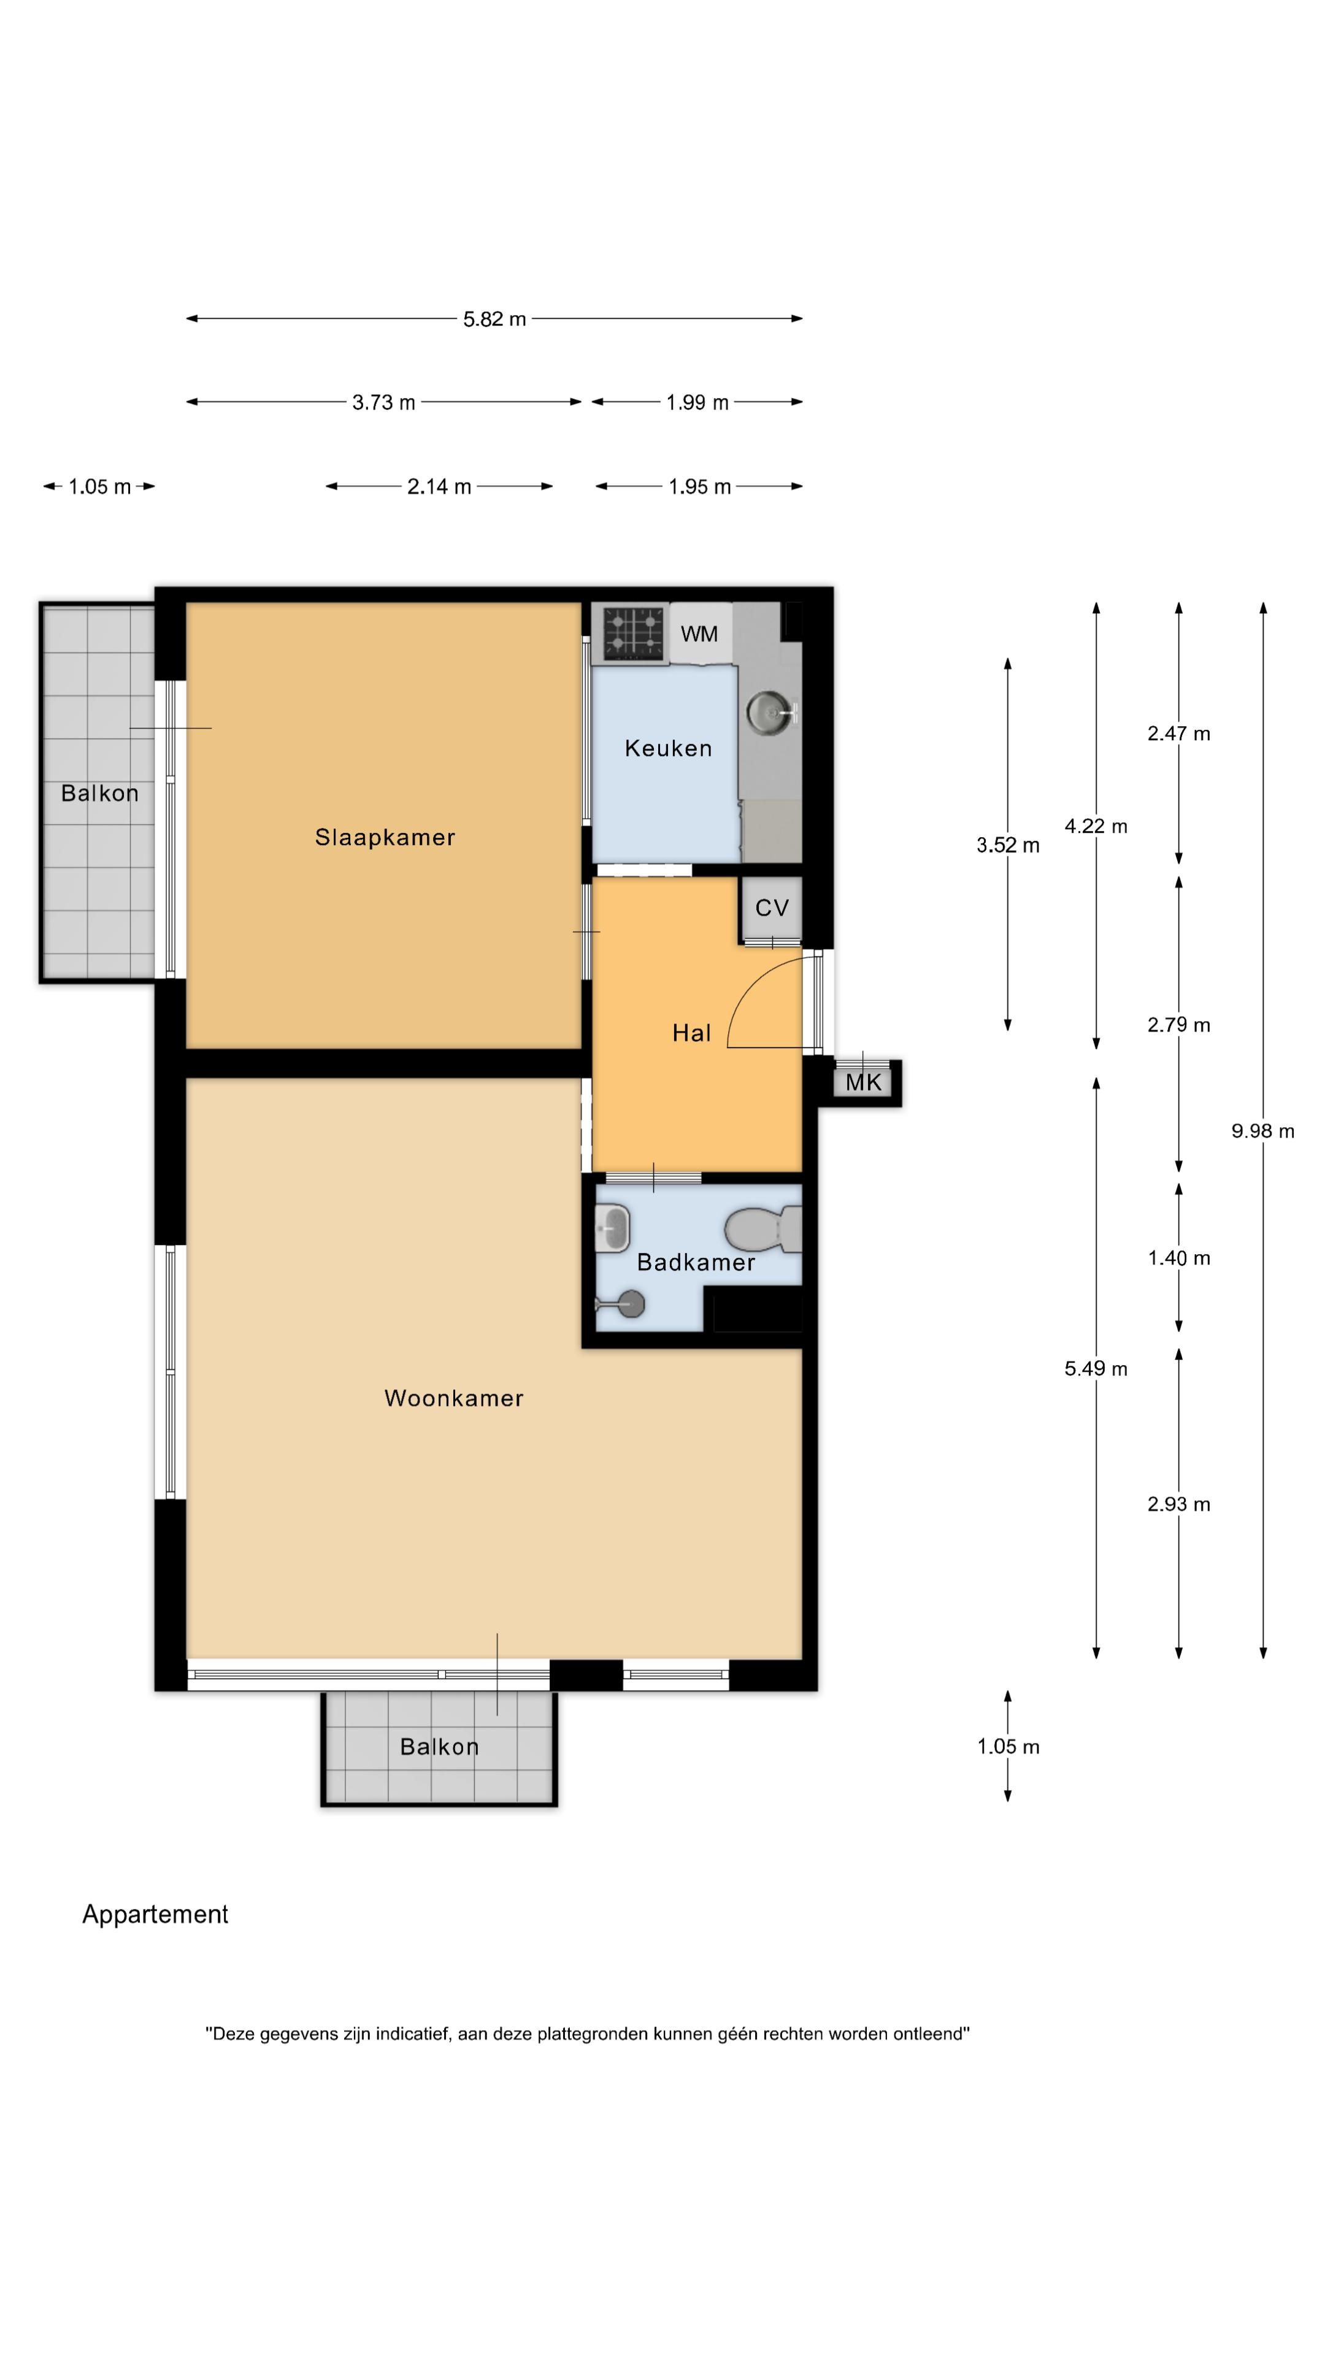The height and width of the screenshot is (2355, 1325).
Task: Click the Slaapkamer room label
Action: [385, 837]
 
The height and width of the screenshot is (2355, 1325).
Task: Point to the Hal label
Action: [691, 1033]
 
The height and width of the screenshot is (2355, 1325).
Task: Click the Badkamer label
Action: [696, 1263]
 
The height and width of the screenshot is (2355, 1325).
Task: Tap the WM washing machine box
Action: [699, 633]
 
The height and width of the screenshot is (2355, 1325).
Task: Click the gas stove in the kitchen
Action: [633, 632]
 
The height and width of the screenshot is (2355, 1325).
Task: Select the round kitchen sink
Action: [770, 712]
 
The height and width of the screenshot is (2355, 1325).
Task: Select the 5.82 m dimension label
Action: [494, 319]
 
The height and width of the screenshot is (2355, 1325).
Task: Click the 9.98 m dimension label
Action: [1263, 1131]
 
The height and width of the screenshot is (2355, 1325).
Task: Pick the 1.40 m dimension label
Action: [1178, 1258]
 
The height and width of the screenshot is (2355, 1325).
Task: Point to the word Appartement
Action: [155, 1914]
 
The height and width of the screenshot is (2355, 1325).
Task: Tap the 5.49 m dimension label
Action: [1096, 1369]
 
